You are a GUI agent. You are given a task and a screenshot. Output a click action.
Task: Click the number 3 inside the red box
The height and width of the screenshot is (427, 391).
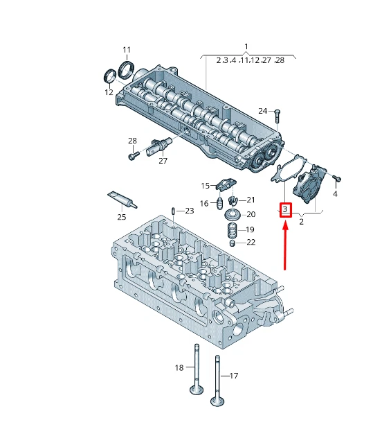[x=284, y=209]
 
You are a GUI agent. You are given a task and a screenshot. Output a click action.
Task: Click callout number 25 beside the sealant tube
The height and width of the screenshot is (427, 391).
[x=122, y=217]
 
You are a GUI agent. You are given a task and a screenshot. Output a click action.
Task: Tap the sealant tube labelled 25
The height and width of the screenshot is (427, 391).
[x=122, y=200]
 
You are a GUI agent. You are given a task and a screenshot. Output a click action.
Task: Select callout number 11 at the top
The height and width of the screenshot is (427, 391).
[x=127, y=50]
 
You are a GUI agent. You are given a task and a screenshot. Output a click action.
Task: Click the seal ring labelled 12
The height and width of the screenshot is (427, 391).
[x=110, y=76]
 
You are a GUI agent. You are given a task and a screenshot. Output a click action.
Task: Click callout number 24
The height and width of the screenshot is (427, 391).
[x=262, y=111]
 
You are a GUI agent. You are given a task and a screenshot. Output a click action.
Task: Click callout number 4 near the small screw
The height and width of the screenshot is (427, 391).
[x=335, y=194]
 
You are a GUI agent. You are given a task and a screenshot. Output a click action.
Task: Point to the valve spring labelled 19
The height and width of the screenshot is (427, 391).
[x=234, y=229]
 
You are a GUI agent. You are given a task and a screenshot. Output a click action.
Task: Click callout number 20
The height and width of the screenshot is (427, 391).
[x=251, y=215]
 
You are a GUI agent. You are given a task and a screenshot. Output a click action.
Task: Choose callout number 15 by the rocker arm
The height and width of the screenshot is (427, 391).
[x=205, y=186]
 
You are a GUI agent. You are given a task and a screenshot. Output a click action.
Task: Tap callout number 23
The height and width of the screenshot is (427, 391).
[x=190, y=211]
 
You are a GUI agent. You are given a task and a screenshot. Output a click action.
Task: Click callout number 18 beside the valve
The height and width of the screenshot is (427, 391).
[x=179, y=367]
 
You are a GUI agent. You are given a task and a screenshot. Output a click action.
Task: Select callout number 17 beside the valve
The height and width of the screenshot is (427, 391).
[x=233, y=376]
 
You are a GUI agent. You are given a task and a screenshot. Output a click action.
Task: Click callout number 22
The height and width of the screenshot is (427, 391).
[x=251, y=242]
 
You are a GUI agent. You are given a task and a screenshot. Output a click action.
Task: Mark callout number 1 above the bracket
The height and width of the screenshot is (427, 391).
[x=246, y=46]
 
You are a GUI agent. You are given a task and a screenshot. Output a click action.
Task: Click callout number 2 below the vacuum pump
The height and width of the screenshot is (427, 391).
[x=301, y=222]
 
